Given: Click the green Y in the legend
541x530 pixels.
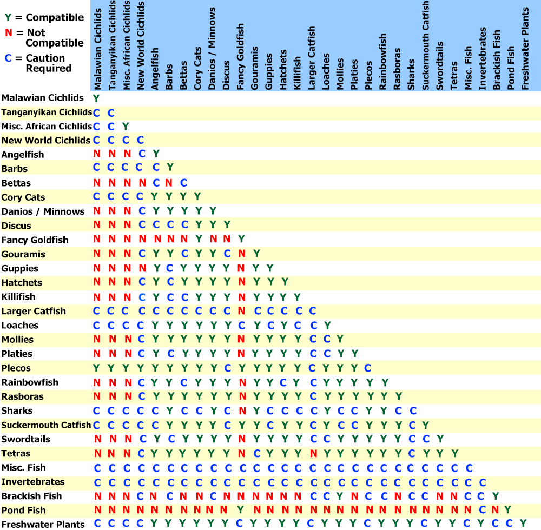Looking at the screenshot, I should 7,18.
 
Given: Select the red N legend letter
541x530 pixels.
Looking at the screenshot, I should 7,33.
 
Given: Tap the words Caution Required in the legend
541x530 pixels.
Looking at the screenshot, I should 48,63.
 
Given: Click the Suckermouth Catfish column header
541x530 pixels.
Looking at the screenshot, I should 426,45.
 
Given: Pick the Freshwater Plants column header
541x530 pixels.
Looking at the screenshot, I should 525,49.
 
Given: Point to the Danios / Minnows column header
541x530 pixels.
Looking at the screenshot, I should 212,49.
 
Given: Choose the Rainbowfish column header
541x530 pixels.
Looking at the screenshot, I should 383,62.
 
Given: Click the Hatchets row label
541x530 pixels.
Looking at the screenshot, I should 22,283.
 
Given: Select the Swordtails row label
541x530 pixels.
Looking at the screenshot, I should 26,439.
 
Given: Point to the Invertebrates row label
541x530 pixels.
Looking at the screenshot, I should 33,482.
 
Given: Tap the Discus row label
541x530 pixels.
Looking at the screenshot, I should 16,226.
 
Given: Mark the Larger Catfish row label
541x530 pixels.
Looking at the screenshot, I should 34,311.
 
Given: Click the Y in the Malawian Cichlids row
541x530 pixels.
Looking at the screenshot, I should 96,98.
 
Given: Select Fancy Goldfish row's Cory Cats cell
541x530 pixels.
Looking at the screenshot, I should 198,240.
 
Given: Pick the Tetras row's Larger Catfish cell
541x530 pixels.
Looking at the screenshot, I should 313,453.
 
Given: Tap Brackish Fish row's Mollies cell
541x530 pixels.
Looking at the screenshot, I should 340,496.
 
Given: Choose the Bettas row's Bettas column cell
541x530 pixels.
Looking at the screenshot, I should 183,183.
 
